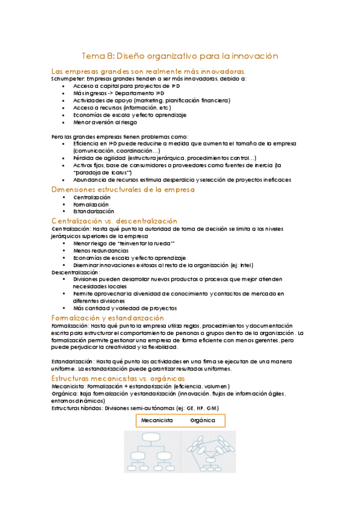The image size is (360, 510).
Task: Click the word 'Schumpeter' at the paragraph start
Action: pos(68,78)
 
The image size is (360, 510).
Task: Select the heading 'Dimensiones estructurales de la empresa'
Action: pos(123,189)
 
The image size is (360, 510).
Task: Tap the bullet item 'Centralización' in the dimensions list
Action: pos(92,197)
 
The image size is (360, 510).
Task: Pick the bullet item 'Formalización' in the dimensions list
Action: pos(91,204)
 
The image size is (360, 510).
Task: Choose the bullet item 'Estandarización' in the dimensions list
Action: pos(94,212)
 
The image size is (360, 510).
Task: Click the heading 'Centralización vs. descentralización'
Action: pos(114,221)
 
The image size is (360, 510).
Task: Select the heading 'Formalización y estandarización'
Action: pos(108,317)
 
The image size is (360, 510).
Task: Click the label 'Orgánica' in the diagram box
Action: pos(203,404)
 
